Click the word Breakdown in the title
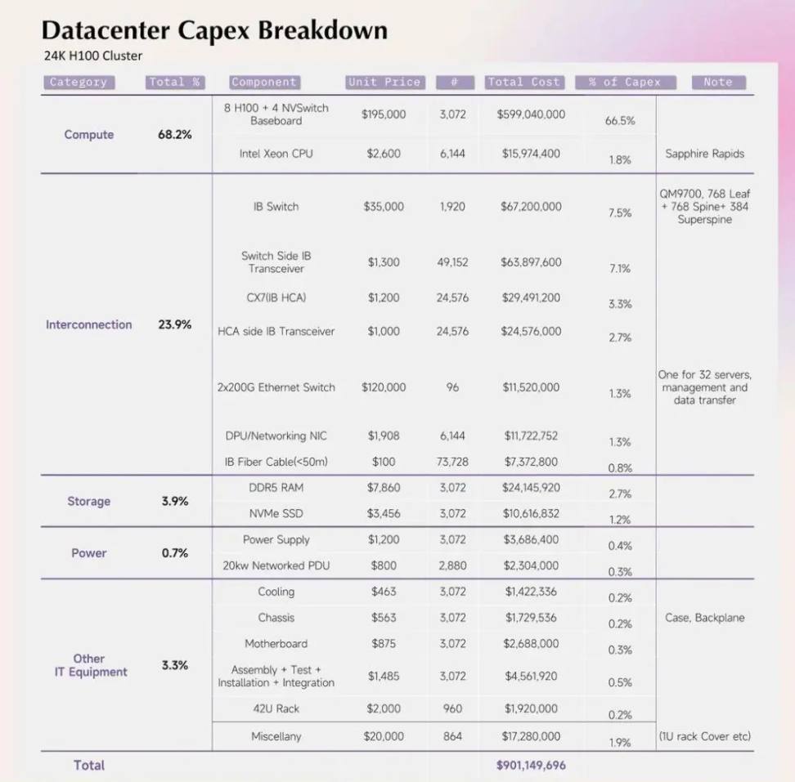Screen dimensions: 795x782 click(323, 30)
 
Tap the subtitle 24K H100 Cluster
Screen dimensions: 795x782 click(92, 56)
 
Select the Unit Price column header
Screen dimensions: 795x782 click(384, 82)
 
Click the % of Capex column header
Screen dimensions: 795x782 click(625, 82)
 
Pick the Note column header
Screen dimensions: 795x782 click(718, 82)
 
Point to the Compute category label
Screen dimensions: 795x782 click(88, 135)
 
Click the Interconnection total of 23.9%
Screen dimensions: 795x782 click(175, 324)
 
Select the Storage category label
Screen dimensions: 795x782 click(88, 502)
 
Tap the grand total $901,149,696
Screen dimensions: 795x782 click(531, 766)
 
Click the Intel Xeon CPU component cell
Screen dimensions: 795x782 click(276, 154)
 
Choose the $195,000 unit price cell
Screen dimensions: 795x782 click(384, 114)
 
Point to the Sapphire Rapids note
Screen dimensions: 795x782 click(705, 154)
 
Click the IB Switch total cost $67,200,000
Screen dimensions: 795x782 click(531, 207)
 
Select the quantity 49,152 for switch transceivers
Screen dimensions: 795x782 click(452, 262)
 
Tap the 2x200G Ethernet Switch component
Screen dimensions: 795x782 click(276, 387)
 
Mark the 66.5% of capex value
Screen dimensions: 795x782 click(620, 121)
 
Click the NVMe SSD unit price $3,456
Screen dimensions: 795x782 click(384, 513)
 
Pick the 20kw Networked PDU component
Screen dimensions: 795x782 click(276, 565)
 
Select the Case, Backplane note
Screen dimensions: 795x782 click(705, 618)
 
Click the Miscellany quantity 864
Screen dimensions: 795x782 click(452, 736)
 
